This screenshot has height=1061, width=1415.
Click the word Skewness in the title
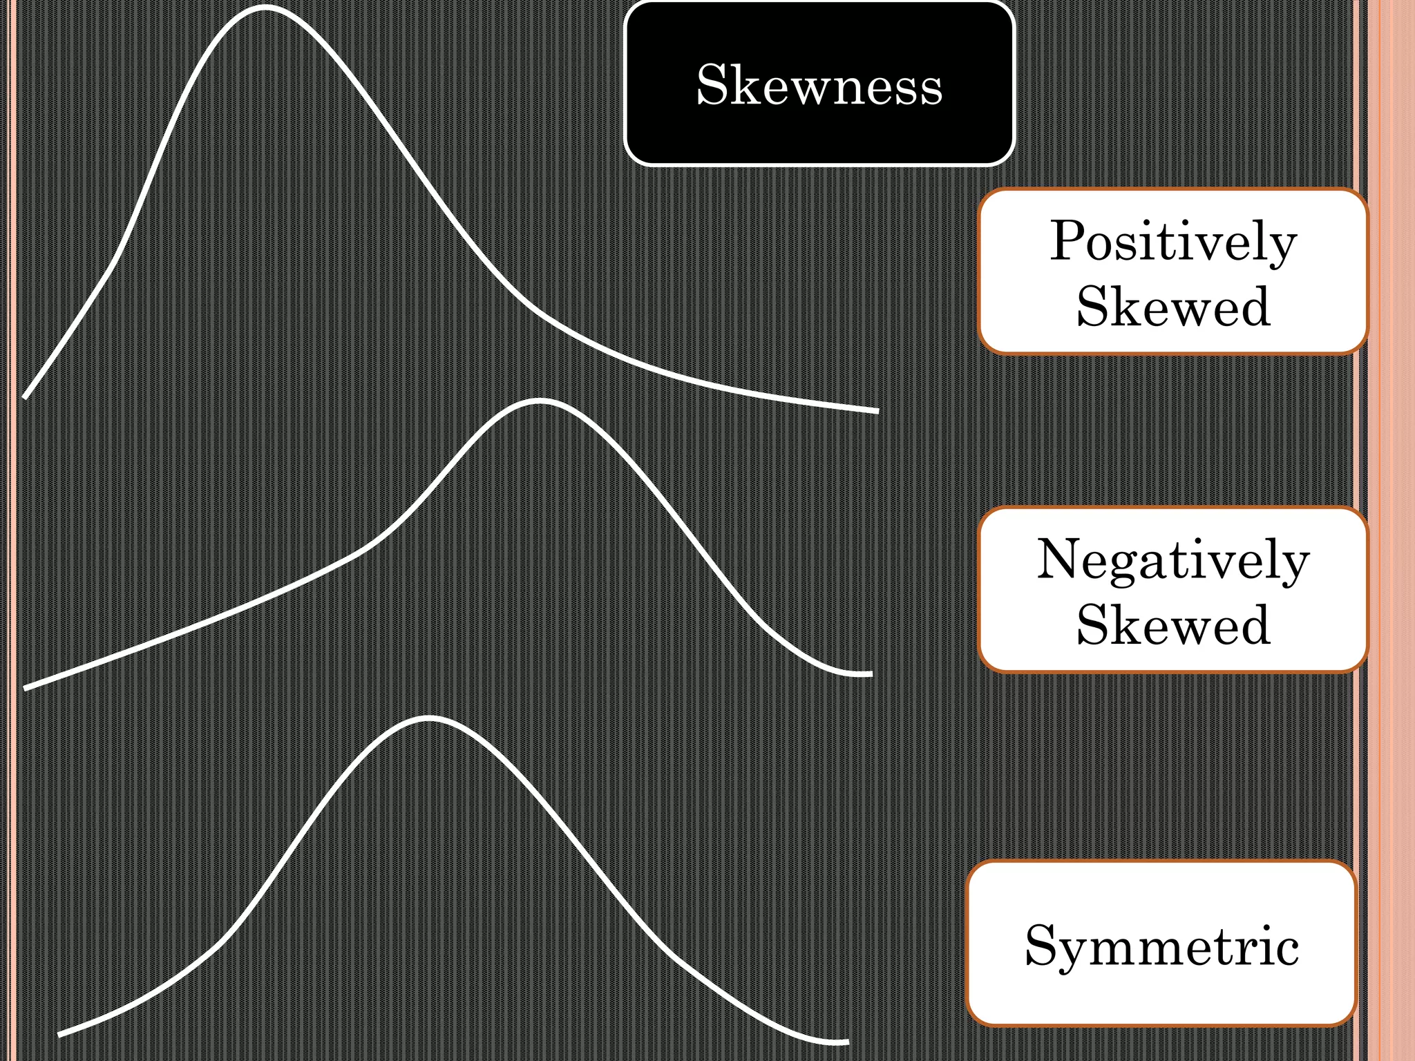[819, 85]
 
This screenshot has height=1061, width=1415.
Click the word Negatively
[1173, 560]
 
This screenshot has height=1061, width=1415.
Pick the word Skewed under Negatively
[1173, 624]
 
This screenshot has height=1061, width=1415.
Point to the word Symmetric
[1162, 946]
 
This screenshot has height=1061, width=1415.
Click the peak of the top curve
[265, 8]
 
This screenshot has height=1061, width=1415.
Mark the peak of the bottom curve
[428, 718]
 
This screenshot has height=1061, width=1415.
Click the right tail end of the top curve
[876, 411]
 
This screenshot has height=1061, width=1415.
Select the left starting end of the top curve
[26, 397]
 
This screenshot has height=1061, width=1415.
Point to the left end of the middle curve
[26, 688]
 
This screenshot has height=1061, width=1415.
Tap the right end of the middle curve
[871, 673]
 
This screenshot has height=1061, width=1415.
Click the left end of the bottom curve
[60, 1034]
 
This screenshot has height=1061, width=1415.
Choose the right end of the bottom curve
[846, 1042]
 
